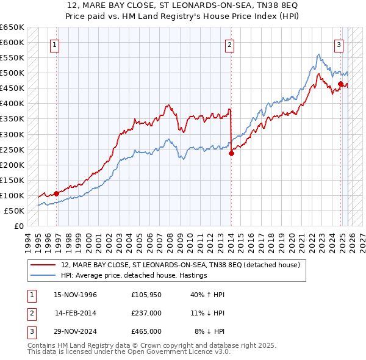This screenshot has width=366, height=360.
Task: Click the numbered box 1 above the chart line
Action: (x=56, y=44)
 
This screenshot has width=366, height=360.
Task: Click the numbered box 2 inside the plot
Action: (x=230, y=44)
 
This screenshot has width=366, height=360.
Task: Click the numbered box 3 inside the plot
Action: (x=339, y=44)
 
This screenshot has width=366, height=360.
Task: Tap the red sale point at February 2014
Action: (x=231, y=154)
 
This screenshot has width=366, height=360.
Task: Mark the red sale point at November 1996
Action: (x=56, y=193)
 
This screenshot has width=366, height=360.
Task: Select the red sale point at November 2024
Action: (x=340, y=84)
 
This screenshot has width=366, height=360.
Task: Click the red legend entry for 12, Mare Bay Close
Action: (x=180, y=265)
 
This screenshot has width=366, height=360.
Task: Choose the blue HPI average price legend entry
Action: (x=134, y=276)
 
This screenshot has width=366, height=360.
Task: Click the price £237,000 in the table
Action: (x=146, y=313)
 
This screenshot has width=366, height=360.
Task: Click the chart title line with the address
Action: (x=183, y=7)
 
